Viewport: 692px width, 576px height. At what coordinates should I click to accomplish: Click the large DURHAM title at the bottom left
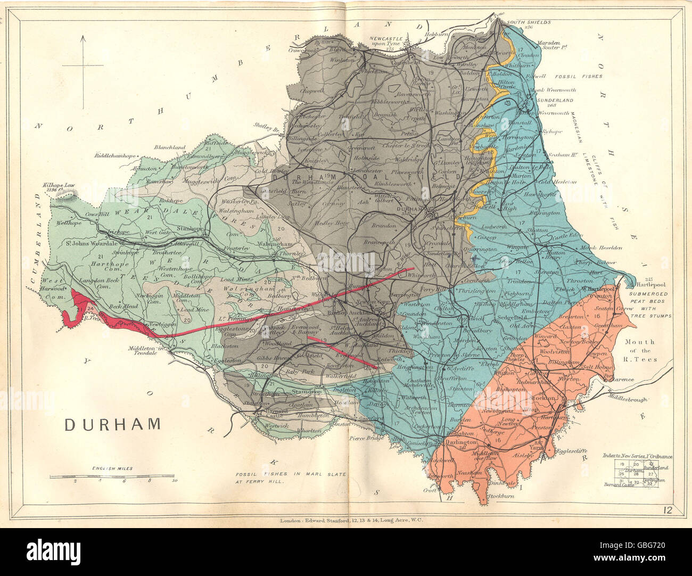tap(112, 424)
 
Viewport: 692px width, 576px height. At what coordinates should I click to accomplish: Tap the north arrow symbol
tap(83, 65)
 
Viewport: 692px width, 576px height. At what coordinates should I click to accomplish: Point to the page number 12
tap(669, 512)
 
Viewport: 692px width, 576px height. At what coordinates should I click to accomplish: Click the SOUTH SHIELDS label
tap(529, 23)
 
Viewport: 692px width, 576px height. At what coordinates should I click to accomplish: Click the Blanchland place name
tap(170, 147)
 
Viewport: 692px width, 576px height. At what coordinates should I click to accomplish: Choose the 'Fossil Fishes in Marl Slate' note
tap(291, 477)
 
